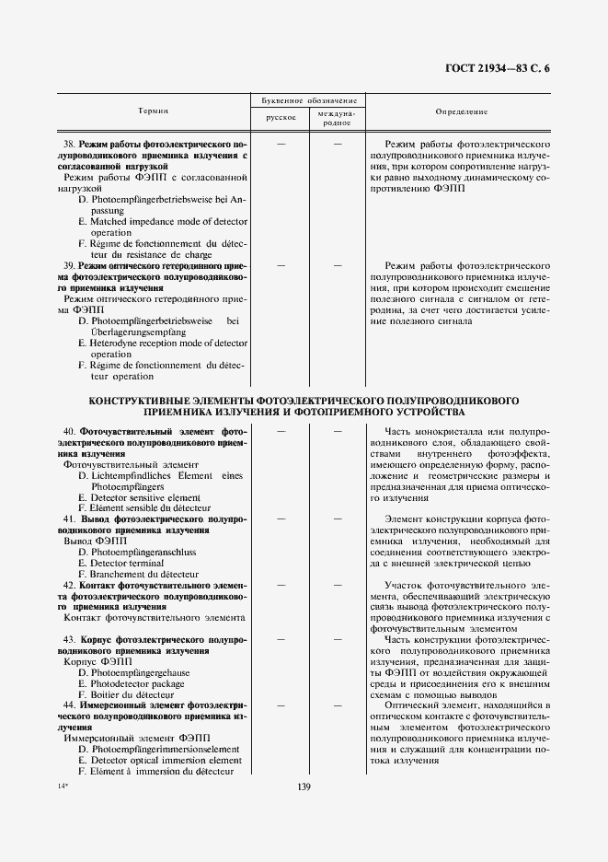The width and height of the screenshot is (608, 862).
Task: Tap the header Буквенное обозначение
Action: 308,99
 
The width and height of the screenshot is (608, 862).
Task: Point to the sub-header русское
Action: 281,118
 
